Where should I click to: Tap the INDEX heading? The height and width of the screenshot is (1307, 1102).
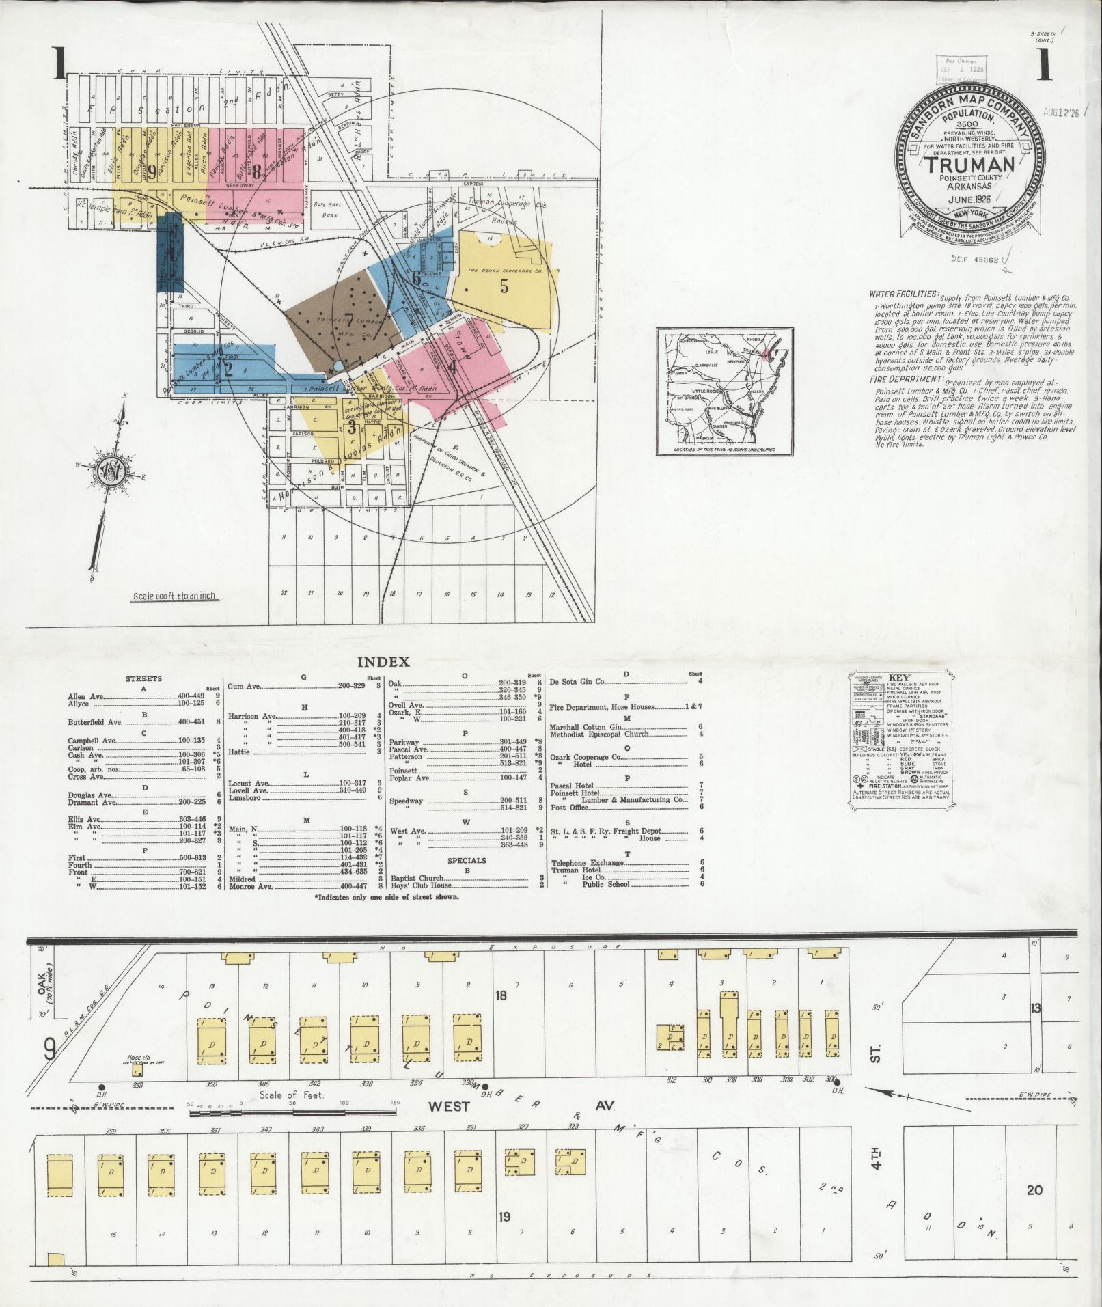click(x=383, y=661)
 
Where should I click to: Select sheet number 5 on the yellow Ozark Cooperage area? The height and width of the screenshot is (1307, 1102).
click(x=504, y=286)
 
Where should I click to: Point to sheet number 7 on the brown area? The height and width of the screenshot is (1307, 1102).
click(x=349, y=318)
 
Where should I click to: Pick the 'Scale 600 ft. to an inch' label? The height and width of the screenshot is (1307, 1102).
click(x=174, y=596)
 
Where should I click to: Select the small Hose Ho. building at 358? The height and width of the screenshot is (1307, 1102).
click(x=137, y=1070)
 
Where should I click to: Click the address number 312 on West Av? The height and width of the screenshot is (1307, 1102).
click(x=672, y=1080)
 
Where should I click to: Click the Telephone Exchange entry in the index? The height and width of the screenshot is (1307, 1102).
click(x=588, y=863)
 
